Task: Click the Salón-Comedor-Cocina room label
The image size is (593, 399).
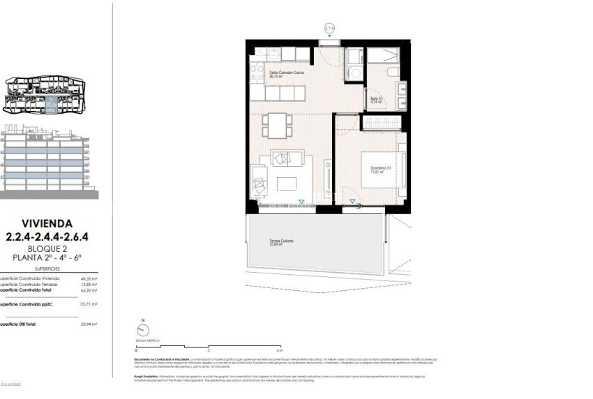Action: [x=286, y=73]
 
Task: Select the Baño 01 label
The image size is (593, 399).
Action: [x=377, y=100]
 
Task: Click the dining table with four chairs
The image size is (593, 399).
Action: [x=274, y=126]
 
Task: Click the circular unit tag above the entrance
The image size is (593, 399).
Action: [x=329, y=29]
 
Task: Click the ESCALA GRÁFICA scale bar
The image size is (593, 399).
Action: [x=209, y=347]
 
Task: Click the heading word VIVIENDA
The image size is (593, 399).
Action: [x=47, y=224]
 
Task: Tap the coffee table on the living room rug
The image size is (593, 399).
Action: [x=287, y=184]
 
